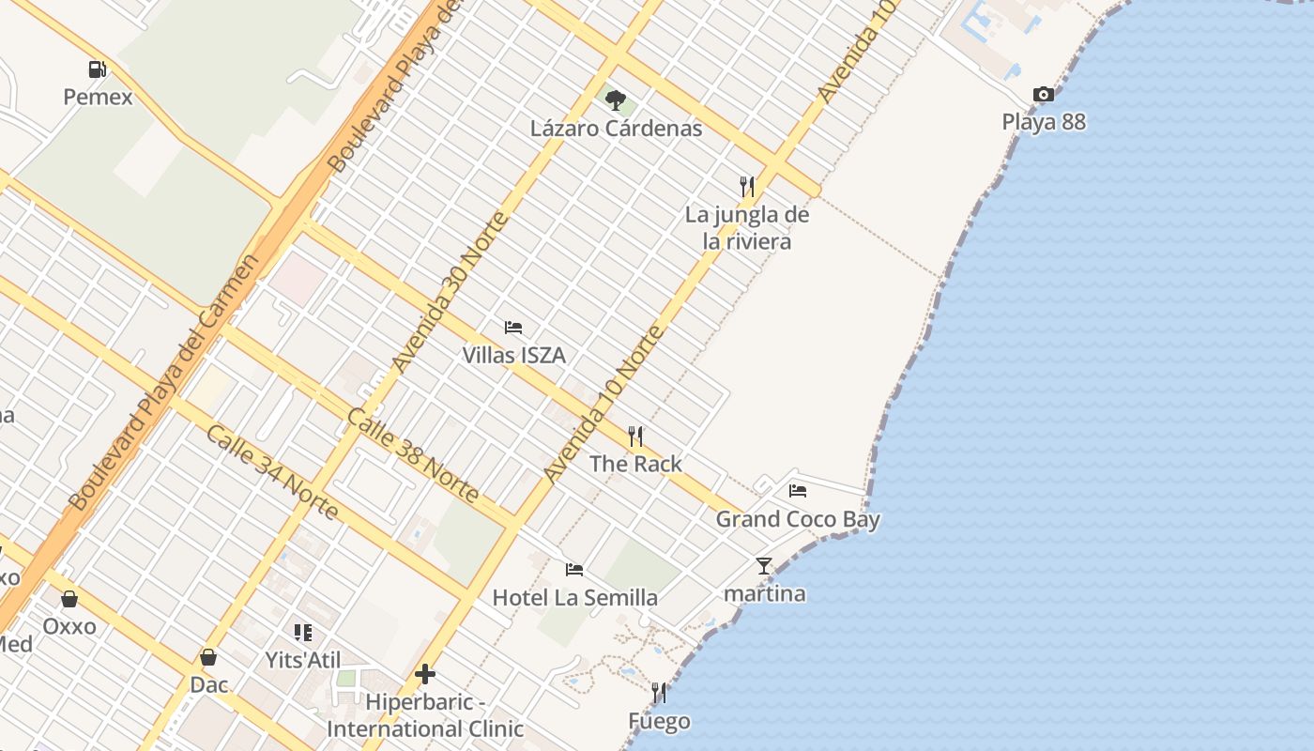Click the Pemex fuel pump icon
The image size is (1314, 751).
(x=97, y=69)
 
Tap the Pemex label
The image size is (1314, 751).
(x=98, y=96)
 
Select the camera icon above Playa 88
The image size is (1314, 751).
(x=1043, y=94)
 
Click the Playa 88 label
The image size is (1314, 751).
(x=1043, y=121)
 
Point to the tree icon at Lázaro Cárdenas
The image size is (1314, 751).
(x=616, y=100)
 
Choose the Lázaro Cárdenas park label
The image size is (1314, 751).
(x=616, y=128)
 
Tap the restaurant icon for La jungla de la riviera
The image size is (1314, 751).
(x=746, y=186)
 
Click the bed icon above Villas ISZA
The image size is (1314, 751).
(x=513, y=328)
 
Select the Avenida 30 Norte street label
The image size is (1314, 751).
(x=451, y=291)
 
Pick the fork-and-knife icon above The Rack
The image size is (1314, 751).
(x=635, y=436)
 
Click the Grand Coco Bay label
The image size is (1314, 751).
(x=798, y=518)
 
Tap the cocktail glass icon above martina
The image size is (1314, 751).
(x=764, y=565)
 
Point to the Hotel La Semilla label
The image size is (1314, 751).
(x=574, y=597)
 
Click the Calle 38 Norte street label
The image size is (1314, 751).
(x=413, y=455)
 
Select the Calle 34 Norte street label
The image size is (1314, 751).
(x=271, y=471)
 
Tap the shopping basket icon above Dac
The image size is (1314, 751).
(x=208, y=657)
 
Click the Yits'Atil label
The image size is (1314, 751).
(x=302, y=660)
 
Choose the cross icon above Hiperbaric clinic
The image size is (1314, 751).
(x=425, y=674)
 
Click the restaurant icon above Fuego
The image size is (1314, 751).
(x=659, y=693)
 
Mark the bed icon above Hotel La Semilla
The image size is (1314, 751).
(x=574, y=570)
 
